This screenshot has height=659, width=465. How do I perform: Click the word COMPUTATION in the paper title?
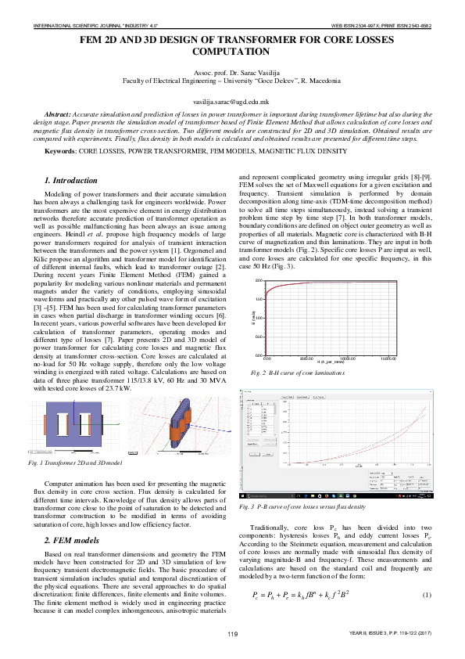tap(232, 52)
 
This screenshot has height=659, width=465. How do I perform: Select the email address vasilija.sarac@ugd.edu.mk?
tap(231, 103)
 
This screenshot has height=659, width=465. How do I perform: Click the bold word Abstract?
tap(63, 114)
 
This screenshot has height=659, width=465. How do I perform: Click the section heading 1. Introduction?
tap(71, 180)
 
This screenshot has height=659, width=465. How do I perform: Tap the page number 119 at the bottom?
tap(231, 633)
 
